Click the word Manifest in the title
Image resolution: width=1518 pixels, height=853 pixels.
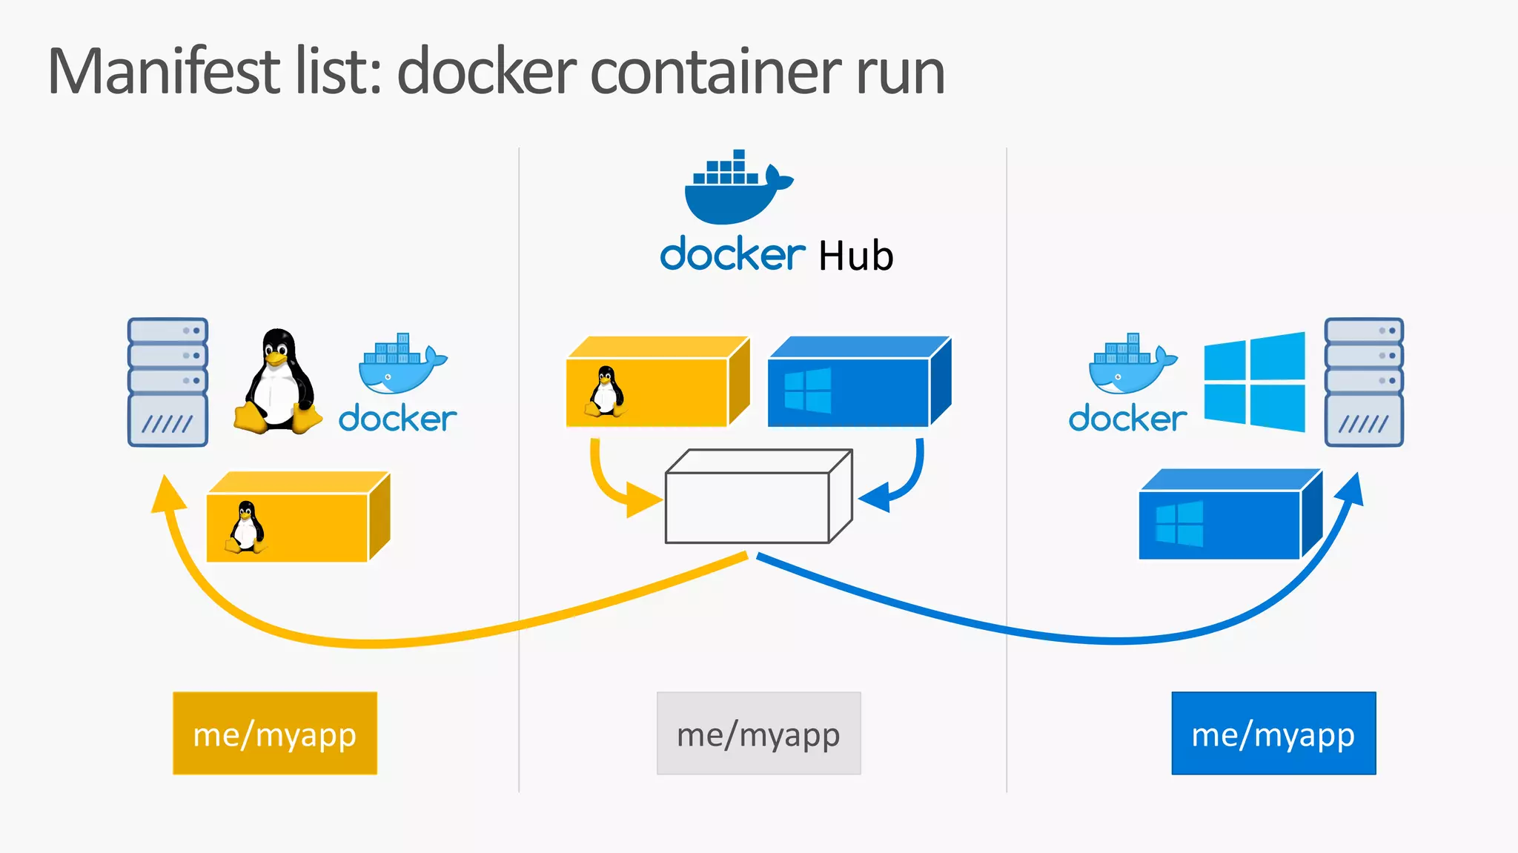click(165, 72)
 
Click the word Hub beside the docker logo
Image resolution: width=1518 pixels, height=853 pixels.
click(855, 256)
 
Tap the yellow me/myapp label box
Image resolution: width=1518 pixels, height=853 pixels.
click(275, 734)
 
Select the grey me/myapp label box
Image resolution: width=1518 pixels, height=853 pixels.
click(758, 734)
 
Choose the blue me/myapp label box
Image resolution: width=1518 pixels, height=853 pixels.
click(1273, 734)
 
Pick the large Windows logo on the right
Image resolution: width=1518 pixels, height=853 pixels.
click(1254, 382)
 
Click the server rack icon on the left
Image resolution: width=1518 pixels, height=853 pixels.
click(168, 382)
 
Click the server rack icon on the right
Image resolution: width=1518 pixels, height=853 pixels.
click(1364, 382)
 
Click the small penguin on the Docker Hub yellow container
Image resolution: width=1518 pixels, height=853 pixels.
click(606, 391)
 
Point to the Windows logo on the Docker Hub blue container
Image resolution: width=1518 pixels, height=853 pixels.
click(807, 391)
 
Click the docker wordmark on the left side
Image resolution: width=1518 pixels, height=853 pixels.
click(397, 419)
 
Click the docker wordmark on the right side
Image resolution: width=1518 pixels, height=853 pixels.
click(1127, 419)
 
